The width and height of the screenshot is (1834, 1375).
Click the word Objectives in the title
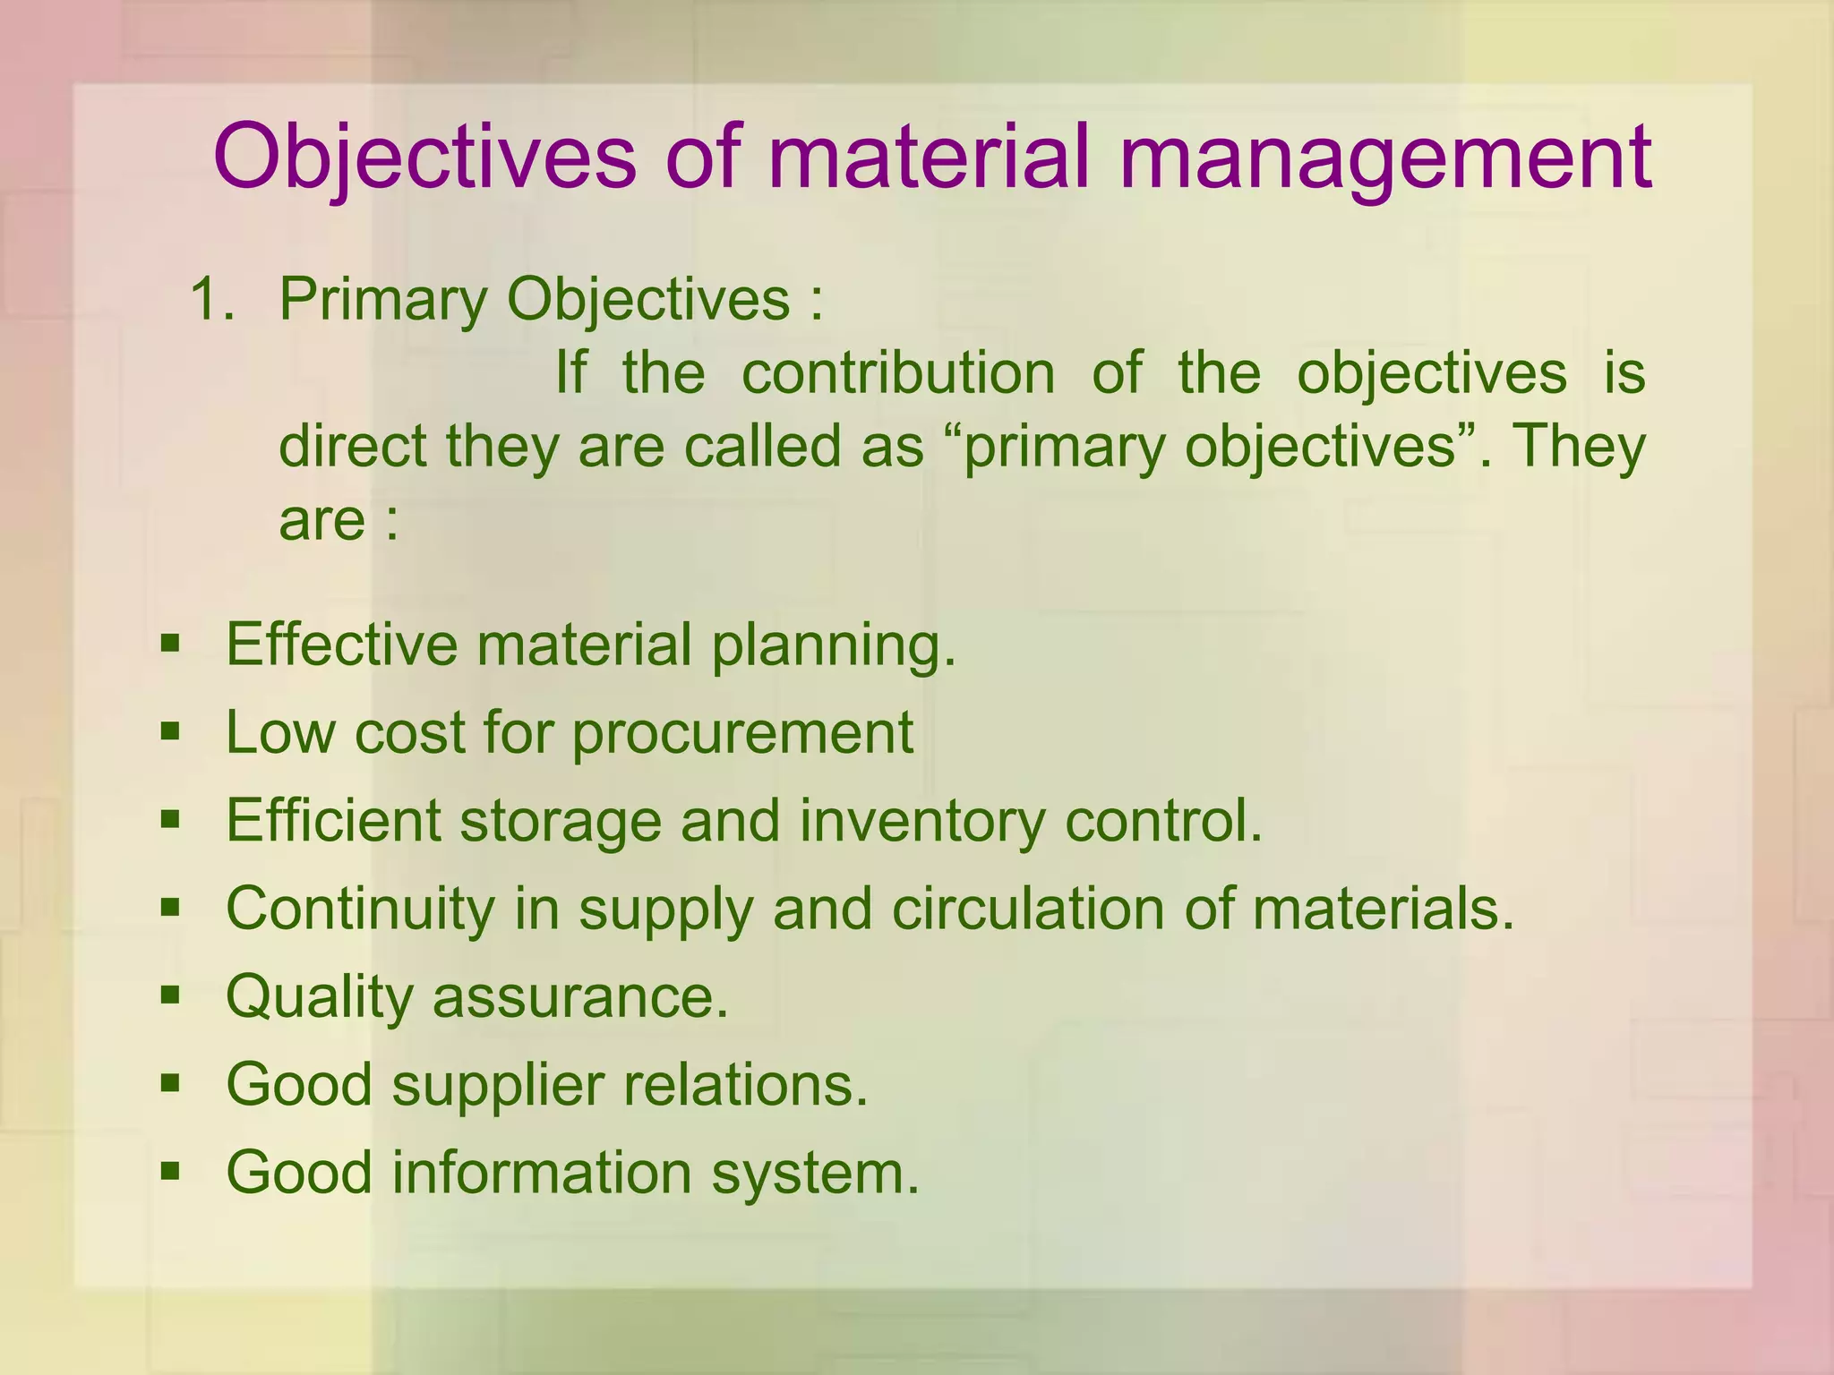424,158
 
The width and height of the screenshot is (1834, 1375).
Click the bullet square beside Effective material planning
170,644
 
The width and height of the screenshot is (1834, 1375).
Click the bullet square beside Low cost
170,732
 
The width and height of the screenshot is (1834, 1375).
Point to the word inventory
921,822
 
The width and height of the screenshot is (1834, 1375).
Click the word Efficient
333,820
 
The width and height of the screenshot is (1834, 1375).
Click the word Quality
318,997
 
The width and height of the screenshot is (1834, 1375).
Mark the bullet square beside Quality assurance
170,995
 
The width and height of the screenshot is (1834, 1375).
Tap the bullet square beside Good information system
170,1171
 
